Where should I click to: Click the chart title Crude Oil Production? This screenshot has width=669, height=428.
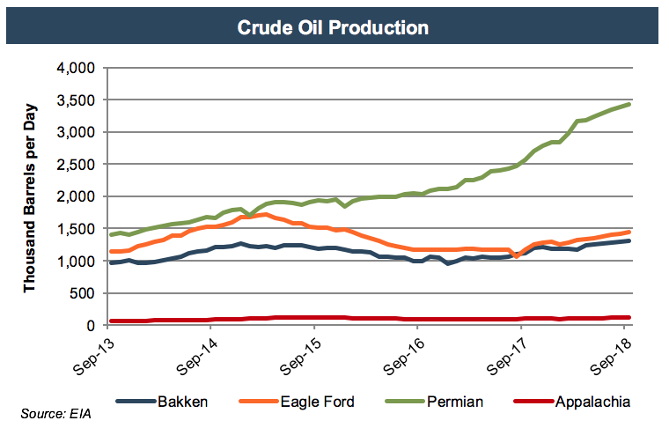[334, 27]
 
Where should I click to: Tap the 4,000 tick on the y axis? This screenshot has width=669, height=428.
[76, 68]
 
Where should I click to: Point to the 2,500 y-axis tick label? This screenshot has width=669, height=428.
[76, 165]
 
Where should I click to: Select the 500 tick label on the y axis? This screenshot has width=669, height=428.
[83, 293]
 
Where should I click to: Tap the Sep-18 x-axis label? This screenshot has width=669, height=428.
[611, 355]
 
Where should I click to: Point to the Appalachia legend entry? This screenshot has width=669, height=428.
[593, 402]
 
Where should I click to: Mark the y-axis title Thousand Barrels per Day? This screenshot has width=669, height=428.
[29, 196]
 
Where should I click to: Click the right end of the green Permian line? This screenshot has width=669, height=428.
[629, 104]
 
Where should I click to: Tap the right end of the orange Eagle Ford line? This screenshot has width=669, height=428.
[629, 232]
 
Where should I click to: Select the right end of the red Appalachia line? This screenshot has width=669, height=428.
[629, 317]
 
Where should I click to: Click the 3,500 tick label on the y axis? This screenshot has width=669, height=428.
[76, 100]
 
